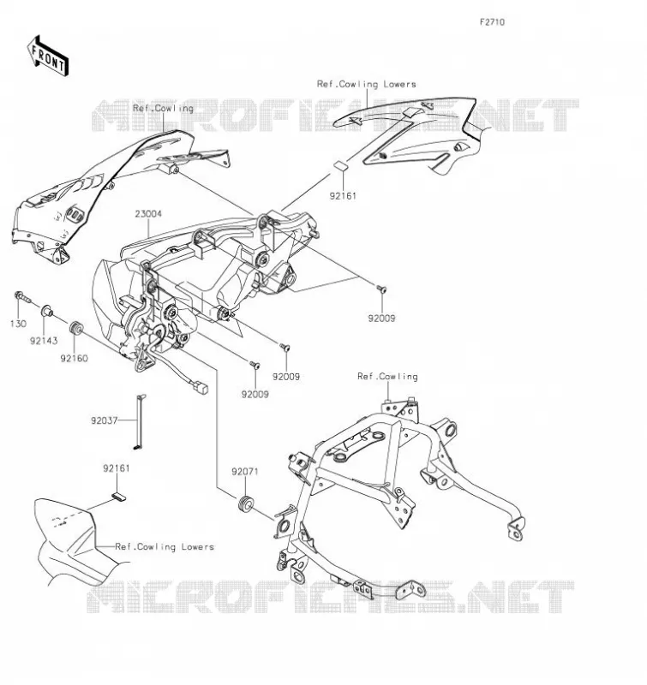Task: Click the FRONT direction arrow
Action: [x=48, y=57]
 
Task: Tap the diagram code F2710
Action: [x=492, y=22]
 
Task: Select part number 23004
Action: [x=148, y=213]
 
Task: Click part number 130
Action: [x=18, y=324]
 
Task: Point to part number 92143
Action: [x=44, y=341]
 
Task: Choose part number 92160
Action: [x=74, y=358]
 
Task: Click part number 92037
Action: [x=104, y=420]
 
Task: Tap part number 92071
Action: [x=245, y=472]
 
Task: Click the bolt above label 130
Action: [x=22, y=296]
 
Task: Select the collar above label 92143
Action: [x=47, y=312]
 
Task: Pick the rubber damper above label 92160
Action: [x=76, y=328]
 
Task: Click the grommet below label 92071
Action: [x=245, y=503]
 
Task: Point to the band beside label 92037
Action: [x=140, y=421]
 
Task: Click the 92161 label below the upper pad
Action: [x=343, y=196]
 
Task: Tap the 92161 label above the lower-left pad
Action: [x=117, y=468]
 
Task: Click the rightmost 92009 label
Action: [x=381, y=319]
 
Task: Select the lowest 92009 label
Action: [x=255, y=394]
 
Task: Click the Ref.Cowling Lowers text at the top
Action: [x=366, y=84]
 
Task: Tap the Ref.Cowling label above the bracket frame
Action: [x=387, y=376]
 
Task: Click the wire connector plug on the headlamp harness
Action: [x=201, y=388]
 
